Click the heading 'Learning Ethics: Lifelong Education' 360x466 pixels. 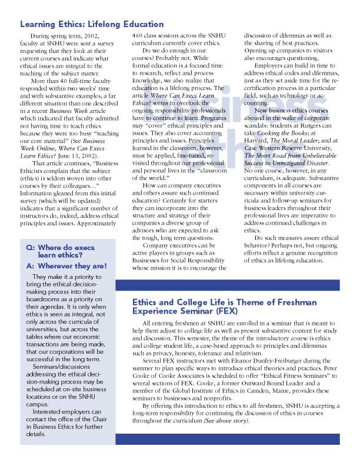click(92, 25)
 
